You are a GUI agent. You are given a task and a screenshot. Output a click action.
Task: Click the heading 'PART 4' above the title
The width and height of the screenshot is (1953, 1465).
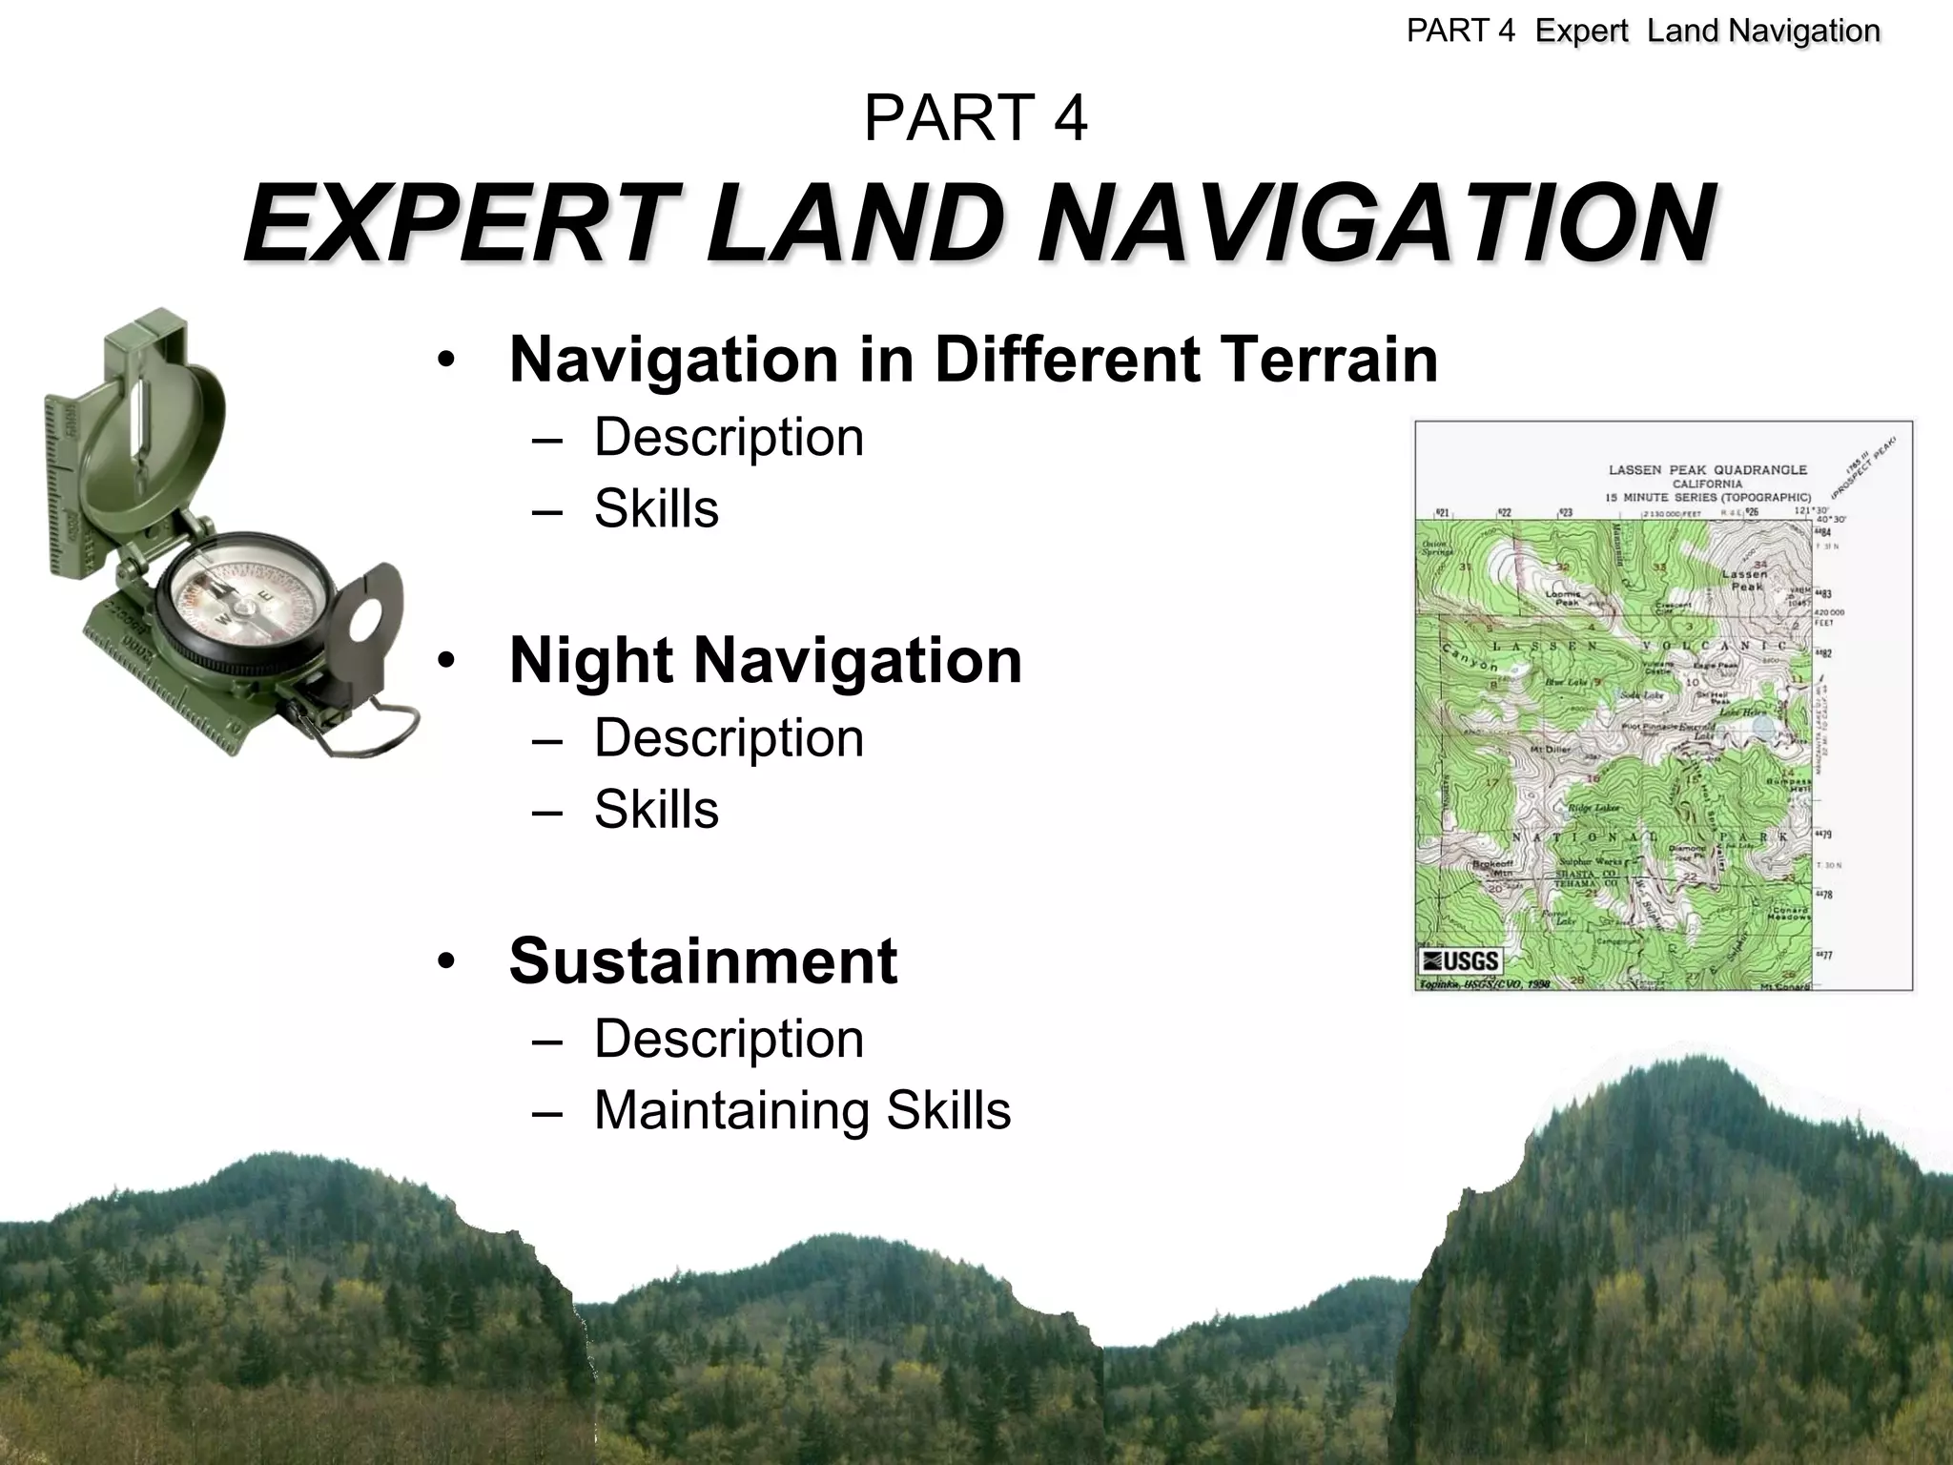[975, 118]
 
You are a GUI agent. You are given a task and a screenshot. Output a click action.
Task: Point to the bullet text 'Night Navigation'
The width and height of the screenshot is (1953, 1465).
[766, 660]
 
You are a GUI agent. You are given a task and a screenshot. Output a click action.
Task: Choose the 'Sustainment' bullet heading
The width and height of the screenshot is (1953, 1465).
[703, 960]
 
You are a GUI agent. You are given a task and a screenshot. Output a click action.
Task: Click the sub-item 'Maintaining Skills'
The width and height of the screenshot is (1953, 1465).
[802, 1110]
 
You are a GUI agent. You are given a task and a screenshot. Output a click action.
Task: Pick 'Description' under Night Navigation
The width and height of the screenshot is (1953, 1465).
[729, 738]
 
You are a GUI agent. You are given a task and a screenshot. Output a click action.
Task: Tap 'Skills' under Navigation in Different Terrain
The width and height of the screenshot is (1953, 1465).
[656, 508]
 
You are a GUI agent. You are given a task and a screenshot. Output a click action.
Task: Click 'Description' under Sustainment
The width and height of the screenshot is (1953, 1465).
[729, 1039]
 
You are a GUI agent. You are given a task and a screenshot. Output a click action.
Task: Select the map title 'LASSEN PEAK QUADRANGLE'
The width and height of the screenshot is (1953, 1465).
[1707, 470]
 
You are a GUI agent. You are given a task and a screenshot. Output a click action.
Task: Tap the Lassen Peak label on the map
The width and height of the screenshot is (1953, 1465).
[1745, 580]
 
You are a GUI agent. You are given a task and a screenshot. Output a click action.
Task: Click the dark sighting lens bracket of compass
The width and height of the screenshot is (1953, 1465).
[367, 620]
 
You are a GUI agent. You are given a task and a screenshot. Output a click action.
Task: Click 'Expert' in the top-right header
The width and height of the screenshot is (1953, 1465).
[1581, 31]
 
